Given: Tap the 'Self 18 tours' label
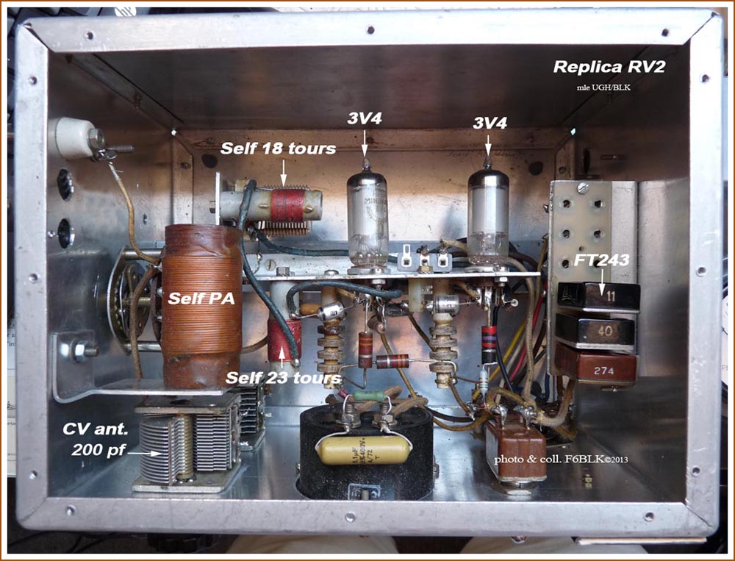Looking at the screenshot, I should click(279, 149).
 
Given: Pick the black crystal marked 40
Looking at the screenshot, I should click(595, 331).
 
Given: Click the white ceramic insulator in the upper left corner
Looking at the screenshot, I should click(76, 137).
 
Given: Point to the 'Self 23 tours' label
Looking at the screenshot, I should click(284, 379).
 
